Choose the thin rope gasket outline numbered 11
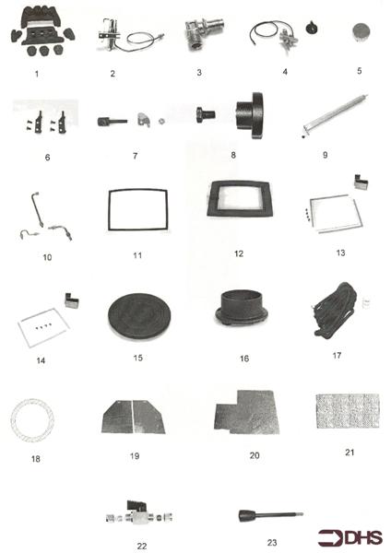136,206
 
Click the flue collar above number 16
244,311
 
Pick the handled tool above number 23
267,512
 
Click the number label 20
243,454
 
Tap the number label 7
135,156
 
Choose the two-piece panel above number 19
134,416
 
